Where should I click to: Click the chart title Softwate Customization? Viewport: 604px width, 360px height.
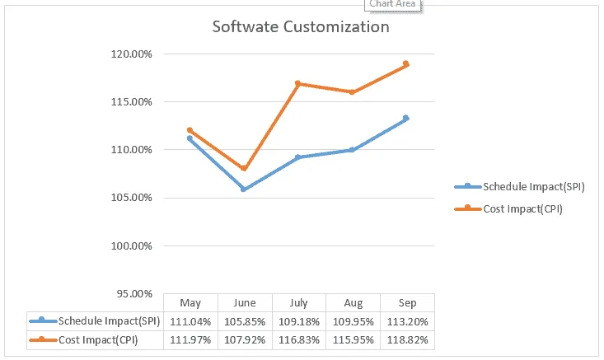300,26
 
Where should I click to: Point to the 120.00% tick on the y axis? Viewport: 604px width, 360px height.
131,54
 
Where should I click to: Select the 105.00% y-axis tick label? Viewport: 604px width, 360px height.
131,198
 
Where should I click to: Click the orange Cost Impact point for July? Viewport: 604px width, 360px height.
298,84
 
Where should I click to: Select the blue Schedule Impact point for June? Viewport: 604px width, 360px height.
244,189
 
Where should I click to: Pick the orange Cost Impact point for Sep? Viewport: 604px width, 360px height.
406,64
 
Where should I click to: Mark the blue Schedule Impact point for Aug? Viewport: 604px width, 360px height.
352,150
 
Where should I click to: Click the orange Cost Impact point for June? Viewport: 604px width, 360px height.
244,169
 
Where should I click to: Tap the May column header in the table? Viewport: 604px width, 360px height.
190,302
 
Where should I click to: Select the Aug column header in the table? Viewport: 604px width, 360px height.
353,302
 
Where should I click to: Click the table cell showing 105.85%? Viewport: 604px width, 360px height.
245,321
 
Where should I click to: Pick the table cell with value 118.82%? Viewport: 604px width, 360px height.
407,339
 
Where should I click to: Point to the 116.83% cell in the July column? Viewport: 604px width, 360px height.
298,339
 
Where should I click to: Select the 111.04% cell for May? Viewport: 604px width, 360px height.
190,321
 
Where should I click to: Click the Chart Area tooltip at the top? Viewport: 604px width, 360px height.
392,4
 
